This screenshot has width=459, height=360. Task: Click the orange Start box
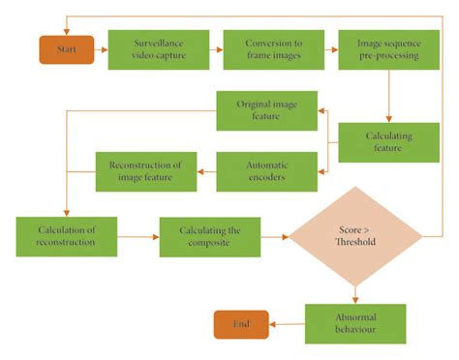tap(66, 49)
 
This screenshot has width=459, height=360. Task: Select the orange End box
tap(241, 324)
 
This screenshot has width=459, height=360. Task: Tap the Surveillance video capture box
tap(158, 49)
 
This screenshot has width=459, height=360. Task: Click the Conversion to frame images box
tap(273, 49)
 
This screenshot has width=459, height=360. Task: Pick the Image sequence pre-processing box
tap(387, 49)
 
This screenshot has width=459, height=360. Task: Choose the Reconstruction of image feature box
tap(145, 170)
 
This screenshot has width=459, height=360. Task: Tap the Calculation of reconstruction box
tap(67, 236)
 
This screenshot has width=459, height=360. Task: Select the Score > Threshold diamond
tap(355, 236)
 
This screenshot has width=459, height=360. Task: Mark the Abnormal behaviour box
tap(355, 324)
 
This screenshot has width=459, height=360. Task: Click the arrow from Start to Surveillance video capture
tap(101, 49)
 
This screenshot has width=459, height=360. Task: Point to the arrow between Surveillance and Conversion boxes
tap(215, 49)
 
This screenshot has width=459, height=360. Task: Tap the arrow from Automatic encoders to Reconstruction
tap(205, 170)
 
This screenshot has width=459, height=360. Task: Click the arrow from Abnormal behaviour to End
tap(287, 324)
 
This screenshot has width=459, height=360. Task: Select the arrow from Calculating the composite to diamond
tap(275, 236)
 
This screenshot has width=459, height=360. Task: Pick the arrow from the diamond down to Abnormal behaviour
tap(355, 292)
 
